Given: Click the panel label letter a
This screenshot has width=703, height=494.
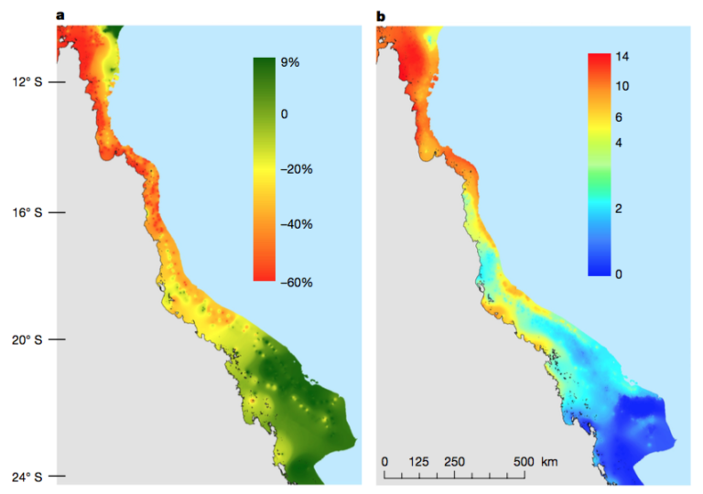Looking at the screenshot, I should pos(60,14).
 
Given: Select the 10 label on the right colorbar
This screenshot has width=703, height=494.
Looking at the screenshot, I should pos(623,86).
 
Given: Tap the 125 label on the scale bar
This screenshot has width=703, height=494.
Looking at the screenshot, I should pos(420,461).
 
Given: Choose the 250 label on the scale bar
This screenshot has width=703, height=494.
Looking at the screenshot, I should pos(454,461).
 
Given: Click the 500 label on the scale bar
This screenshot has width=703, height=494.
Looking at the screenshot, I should pos(523,461).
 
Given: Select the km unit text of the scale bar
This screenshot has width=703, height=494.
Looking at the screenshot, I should pos(549,461).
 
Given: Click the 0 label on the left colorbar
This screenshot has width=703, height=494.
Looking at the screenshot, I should pos(285,113).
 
